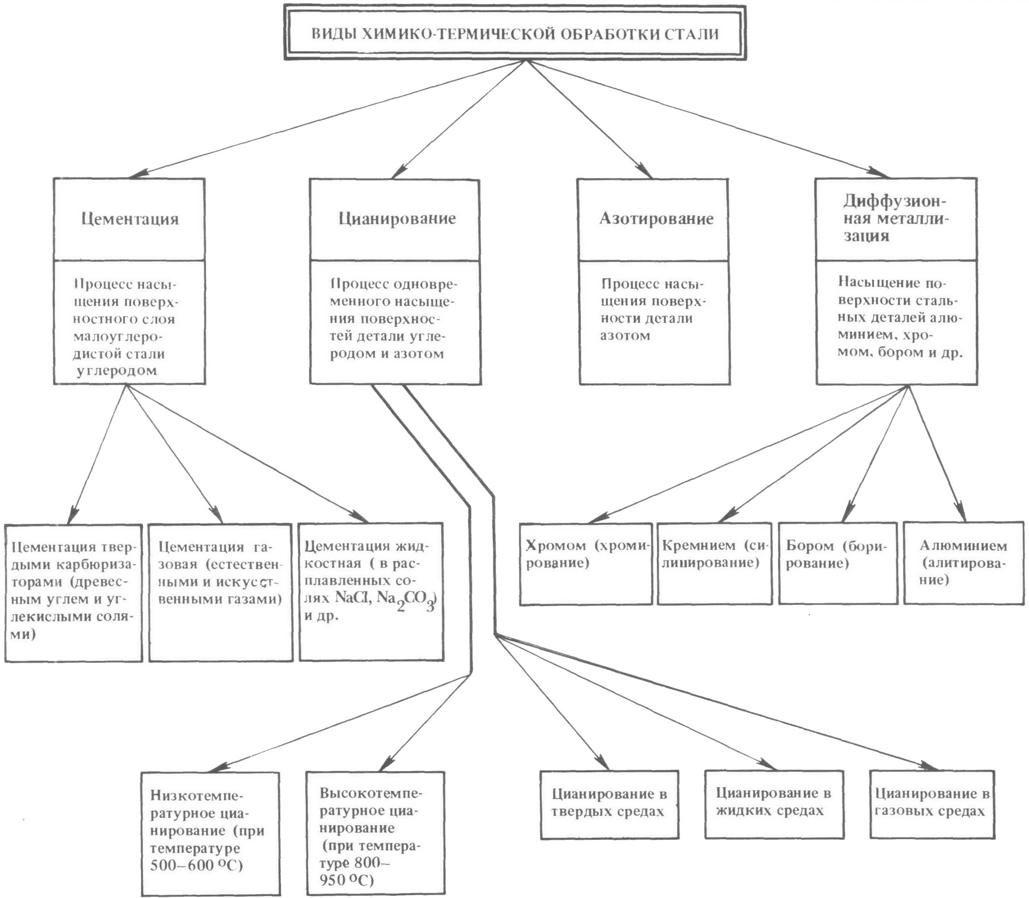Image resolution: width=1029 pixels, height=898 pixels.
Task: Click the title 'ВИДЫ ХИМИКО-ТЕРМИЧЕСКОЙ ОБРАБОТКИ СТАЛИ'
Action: pyautogui.click(x=515, y=34)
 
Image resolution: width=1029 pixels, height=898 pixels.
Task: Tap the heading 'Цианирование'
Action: pyautogui.click(x=397, y=218)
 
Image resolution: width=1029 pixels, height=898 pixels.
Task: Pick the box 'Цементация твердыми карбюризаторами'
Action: pyautogui.click(x=74, y=593)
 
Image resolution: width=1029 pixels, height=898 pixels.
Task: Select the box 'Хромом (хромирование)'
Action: pyautogui.click(x=585, y=564)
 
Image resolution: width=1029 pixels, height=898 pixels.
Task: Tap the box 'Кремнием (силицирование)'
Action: pyautogui.click(x=715, y=563)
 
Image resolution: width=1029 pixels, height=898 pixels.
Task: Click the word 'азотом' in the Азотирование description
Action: pyautogui.click(x=625, y=336)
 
